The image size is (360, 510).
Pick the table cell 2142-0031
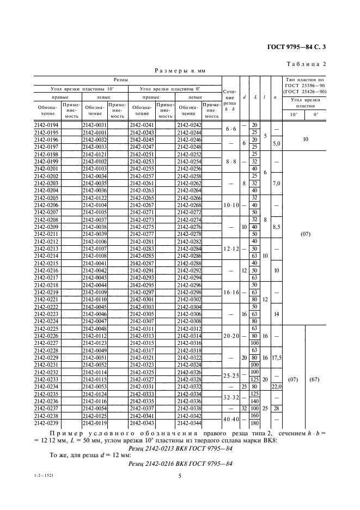coord(93,125)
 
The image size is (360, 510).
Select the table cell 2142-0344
coord(189,422)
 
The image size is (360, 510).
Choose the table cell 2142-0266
coord(189,198)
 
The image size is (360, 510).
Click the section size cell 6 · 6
coord(230,129)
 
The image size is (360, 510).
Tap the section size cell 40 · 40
coord(230,419)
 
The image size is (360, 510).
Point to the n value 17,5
coord(276,357)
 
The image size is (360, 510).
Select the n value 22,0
coord(276,386)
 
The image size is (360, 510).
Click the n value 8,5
coord(276,226)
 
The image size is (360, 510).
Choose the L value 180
coord(254,422)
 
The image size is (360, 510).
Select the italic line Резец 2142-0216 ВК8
coord(179,464)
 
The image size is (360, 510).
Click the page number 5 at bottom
coord(179,476)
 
